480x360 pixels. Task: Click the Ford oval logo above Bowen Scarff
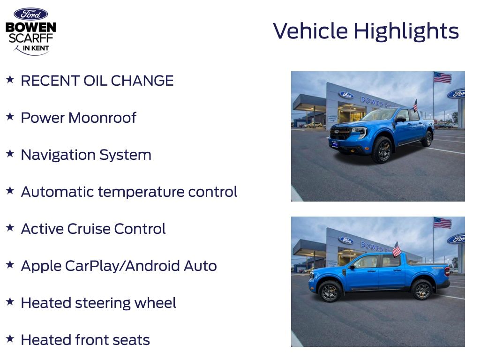[x=30, y=14]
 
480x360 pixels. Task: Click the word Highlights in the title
[x=406, y=31]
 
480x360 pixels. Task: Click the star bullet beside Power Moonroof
[x=10, y=117]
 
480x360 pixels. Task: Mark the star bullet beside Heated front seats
[x=10, y=339]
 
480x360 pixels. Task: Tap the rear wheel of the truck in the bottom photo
[x=422, y=290]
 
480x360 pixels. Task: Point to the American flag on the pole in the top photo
[x=442, y=77]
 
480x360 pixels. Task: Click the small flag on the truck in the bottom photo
[x=397, y=249]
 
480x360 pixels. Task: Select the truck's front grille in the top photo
[x=341, y=134]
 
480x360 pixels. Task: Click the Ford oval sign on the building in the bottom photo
[x=346, y=240]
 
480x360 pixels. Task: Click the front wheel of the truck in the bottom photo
[x=330, y=291]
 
